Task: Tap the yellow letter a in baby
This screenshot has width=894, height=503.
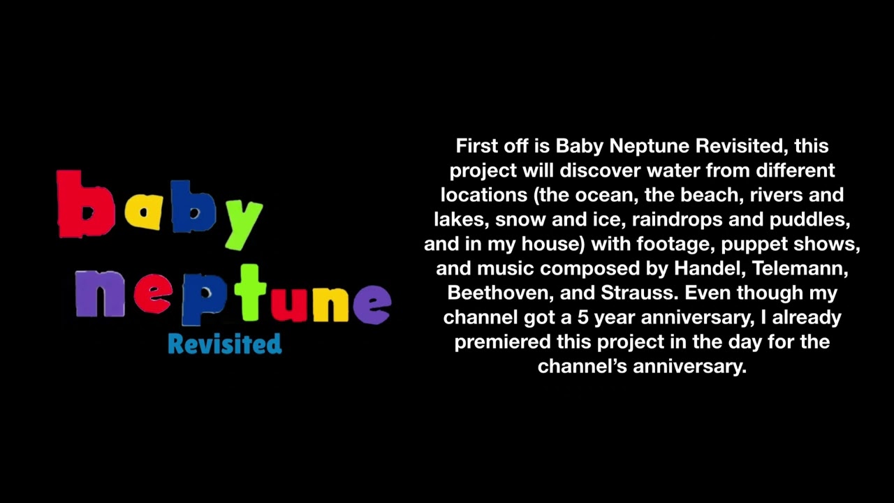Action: (x=143, y=212)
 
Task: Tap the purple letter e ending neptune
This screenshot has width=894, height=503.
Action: (x=372, y=305)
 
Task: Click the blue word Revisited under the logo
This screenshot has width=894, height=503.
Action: (x=225, y=344)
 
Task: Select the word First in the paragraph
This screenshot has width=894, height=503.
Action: (x=475, y=146)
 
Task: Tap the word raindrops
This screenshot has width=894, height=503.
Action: (x=677, y=220)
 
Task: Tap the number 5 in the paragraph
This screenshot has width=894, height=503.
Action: (x=582, y=318)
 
